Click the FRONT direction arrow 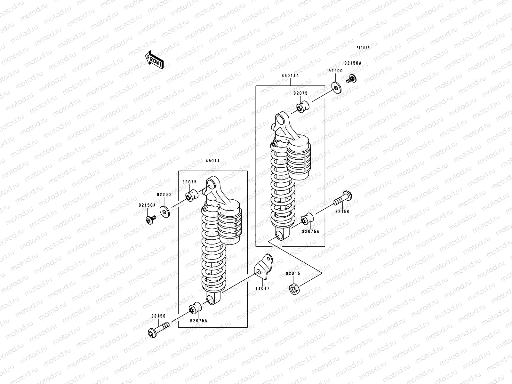pos(155,60)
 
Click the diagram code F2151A pos(363,47)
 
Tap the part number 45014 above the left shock pos(212,161)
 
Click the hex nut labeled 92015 pos(293,289)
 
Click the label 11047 pos(262,288)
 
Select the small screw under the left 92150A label pos(150,220)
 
